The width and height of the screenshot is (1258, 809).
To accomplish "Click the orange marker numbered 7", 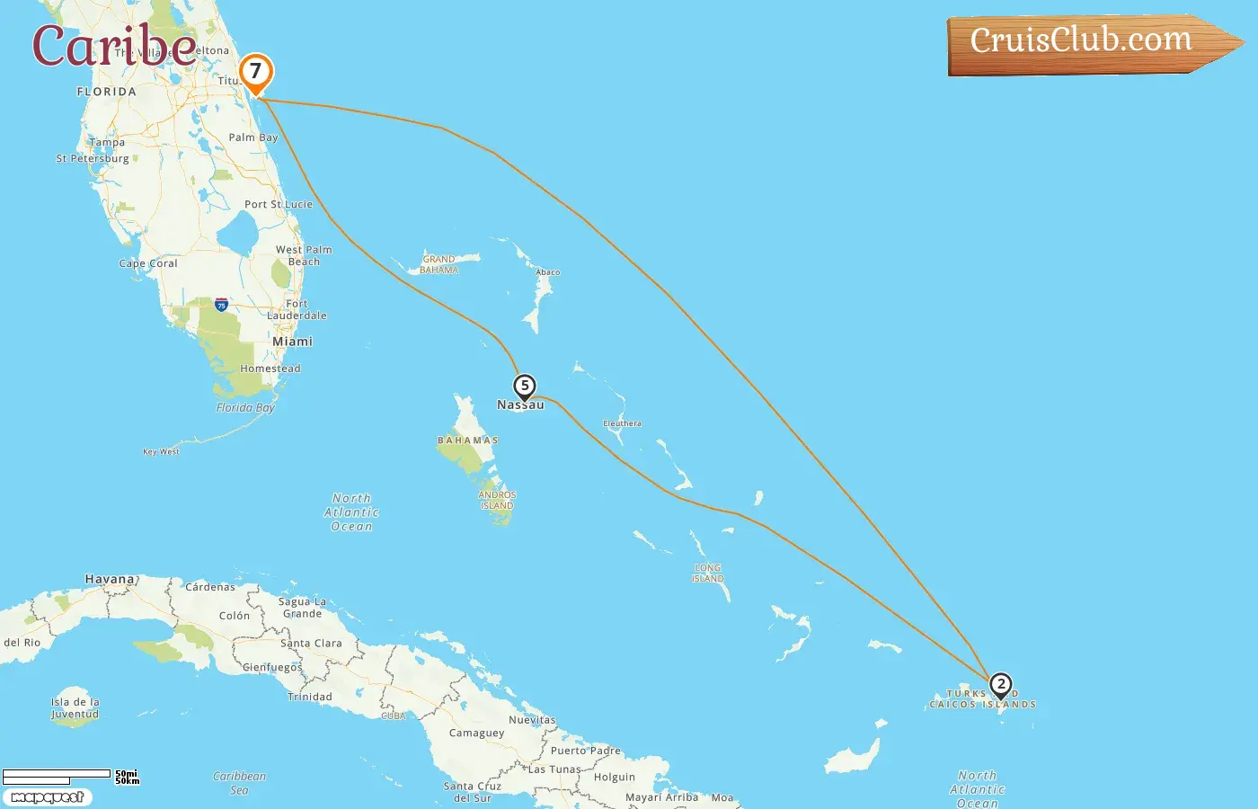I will pyautogui.click(x=256, y=72).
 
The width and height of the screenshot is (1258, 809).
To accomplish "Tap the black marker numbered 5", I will pyautogui.click(x=524, y=387).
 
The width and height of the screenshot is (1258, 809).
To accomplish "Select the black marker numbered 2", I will pyautogui.click(x=1000, y=685).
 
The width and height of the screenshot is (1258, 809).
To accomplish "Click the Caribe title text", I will pyautogui.click(x=114, y=46).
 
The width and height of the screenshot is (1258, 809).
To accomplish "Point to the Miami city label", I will pyautogui.click(x=292, y=342).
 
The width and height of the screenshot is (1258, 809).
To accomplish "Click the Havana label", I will pyautogui.click(x=110, y=580).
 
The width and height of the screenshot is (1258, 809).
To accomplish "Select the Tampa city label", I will pyautogui.click(x=107, y=142).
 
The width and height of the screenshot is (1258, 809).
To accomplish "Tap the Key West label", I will pyautogui.click(x=161, y=451).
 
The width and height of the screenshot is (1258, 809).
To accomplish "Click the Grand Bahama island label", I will pyautogui.click(x=439, y=264).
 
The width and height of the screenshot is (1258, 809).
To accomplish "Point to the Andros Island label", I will pyautogui.click(x=497, y=500).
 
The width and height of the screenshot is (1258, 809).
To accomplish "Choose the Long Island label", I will pyautogui.click(x=708, y=573).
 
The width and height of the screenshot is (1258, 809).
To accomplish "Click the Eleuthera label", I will pyautogui.click(x=622, y=423).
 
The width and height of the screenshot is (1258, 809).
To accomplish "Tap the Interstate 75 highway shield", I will pyautogui.click(x=221, y=305).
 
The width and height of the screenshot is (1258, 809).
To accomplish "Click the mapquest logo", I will pyautogui.click(x=47, y=797).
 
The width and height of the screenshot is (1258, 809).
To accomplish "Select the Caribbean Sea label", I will pyautogui.click(x=239, y=783).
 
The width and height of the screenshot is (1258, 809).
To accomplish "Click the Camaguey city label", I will pyautogui.click(x=476, y=733).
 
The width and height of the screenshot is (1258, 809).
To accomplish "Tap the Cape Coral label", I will pyautogui.click(x=148, y=263).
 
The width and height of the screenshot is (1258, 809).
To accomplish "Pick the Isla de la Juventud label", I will pyautogui.click(x=75, y=708).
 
